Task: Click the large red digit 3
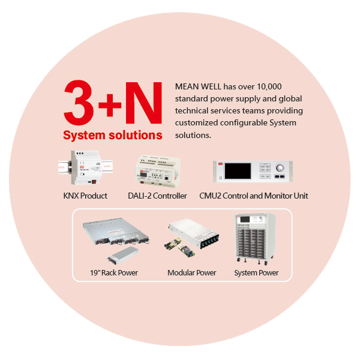79,103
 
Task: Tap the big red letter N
143,103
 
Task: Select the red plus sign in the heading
110,105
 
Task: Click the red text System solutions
113,135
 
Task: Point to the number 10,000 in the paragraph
269,86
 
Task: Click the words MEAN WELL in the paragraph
198,86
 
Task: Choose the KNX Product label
85,196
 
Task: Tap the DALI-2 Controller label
157,196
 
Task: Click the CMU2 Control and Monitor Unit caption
254,196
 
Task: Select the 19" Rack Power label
114,273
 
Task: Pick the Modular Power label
192,273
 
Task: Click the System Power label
256,273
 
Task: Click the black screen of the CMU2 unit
238,171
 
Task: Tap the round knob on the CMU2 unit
280,168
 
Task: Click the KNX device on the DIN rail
85,167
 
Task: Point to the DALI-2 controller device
158,170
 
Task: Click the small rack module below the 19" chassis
123,255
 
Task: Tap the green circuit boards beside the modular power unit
179,247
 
